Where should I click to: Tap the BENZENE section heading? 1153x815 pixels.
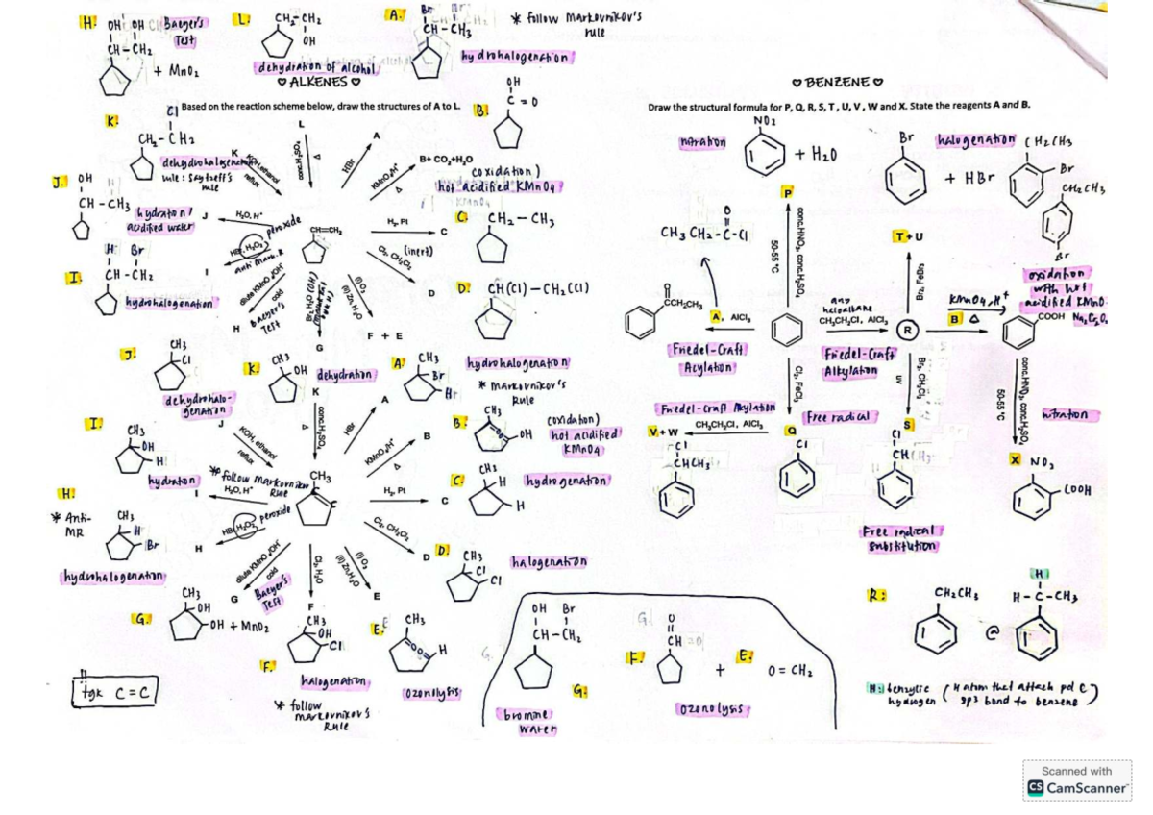pos(841,83)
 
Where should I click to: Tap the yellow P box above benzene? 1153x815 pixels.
pos(790,193)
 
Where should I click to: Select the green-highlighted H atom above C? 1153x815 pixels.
pos(1038,575)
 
